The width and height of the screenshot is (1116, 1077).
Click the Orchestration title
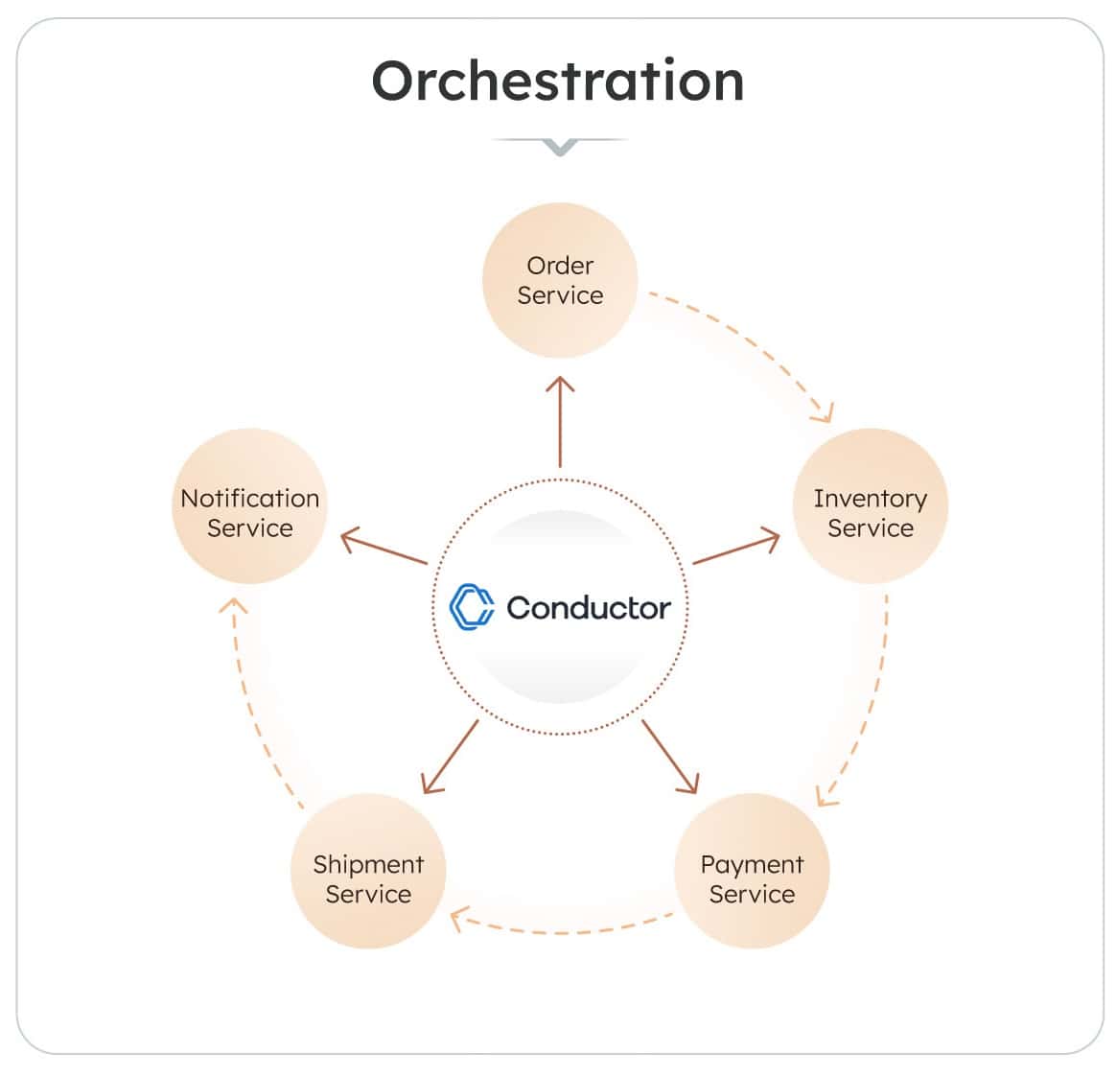pos(558,81)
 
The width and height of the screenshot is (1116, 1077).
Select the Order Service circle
pos(560,280)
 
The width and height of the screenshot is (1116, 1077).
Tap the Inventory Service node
pos(870,506)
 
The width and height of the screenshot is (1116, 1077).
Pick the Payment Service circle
pos(752,871)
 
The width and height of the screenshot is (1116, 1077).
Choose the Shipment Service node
pos(368,871)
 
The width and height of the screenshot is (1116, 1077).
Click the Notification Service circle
pos(249,506)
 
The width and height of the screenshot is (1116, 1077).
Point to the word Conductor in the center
pos(589,608)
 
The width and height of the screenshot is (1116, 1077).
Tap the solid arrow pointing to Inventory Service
pos(735,548)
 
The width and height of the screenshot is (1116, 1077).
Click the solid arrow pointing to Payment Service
pos(669,757)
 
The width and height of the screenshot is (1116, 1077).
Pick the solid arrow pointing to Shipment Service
pos(450,757)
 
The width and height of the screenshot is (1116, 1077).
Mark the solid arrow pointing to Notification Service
pos(384,548)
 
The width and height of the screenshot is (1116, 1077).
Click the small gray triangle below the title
pos(560,147)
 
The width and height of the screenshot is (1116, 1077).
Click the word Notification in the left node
pos(249,499)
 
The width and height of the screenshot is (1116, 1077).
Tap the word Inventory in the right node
pos(870,499)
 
